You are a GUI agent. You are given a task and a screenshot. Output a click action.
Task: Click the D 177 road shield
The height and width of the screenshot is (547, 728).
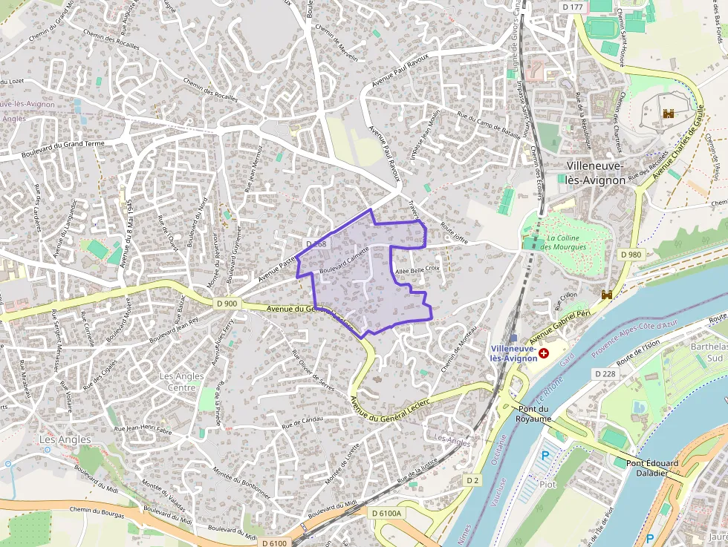(x=574, y=7)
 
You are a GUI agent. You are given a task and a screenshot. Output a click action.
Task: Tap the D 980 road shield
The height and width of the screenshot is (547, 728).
(x=630, y=255)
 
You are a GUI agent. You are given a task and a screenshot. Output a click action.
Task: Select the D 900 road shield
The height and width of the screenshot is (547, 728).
(x=227, y=303)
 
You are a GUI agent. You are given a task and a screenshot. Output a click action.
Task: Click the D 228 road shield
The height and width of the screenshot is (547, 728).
(x=606, y=373)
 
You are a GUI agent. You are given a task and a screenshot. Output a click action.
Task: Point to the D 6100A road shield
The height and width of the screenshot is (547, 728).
(x=386, y=513)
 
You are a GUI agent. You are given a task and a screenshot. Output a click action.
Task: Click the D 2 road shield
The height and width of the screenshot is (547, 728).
(x=472, y=480)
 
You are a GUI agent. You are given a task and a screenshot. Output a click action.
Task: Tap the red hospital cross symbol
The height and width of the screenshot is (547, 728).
(x=544, y=353)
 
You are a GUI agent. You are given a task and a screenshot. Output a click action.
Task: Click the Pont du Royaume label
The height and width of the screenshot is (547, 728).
(x=534, y=413)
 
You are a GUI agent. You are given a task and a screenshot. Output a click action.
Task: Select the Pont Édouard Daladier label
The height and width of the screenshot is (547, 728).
(x=651, y=468)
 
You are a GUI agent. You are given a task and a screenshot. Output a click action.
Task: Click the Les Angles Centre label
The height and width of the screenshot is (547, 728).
(x=181, y=381)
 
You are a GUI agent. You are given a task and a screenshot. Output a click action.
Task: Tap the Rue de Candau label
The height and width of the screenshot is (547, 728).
(x=301, y=421)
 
